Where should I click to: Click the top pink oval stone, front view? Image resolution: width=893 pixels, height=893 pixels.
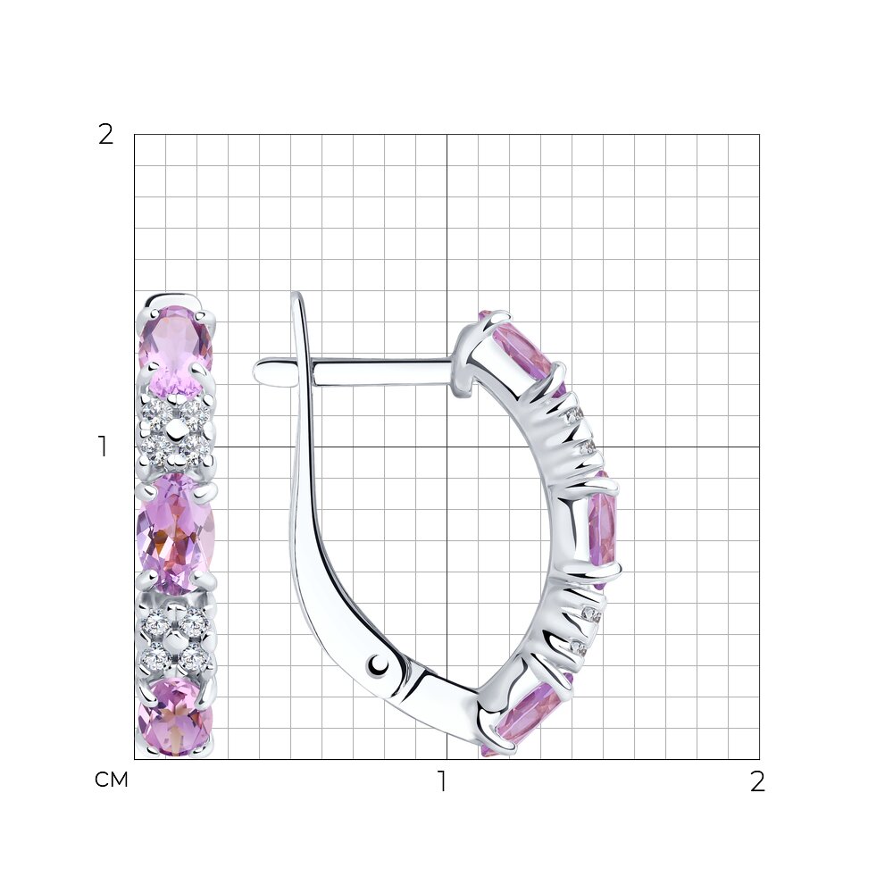coord(175,350)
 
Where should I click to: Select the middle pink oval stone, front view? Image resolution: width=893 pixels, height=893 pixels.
coord(175,534)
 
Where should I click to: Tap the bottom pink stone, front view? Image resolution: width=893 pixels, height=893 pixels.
coord(175,716)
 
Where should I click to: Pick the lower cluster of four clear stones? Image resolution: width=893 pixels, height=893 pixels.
coord(176,639)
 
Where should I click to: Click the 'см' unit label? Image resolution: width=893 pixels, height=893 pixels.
coord(111,780)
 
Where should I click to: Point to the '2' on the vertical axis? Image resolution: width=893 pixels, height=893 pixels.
coord(106,135)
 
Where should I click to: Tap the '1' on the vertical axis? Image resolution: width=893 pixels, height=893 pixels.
coord(103,447)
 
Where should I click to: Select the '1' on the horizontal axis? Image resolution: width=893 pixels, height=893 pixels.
coord(441,781)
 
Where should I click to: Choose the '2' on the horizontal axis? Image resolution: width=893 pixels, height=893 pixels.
coord(757,781)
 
